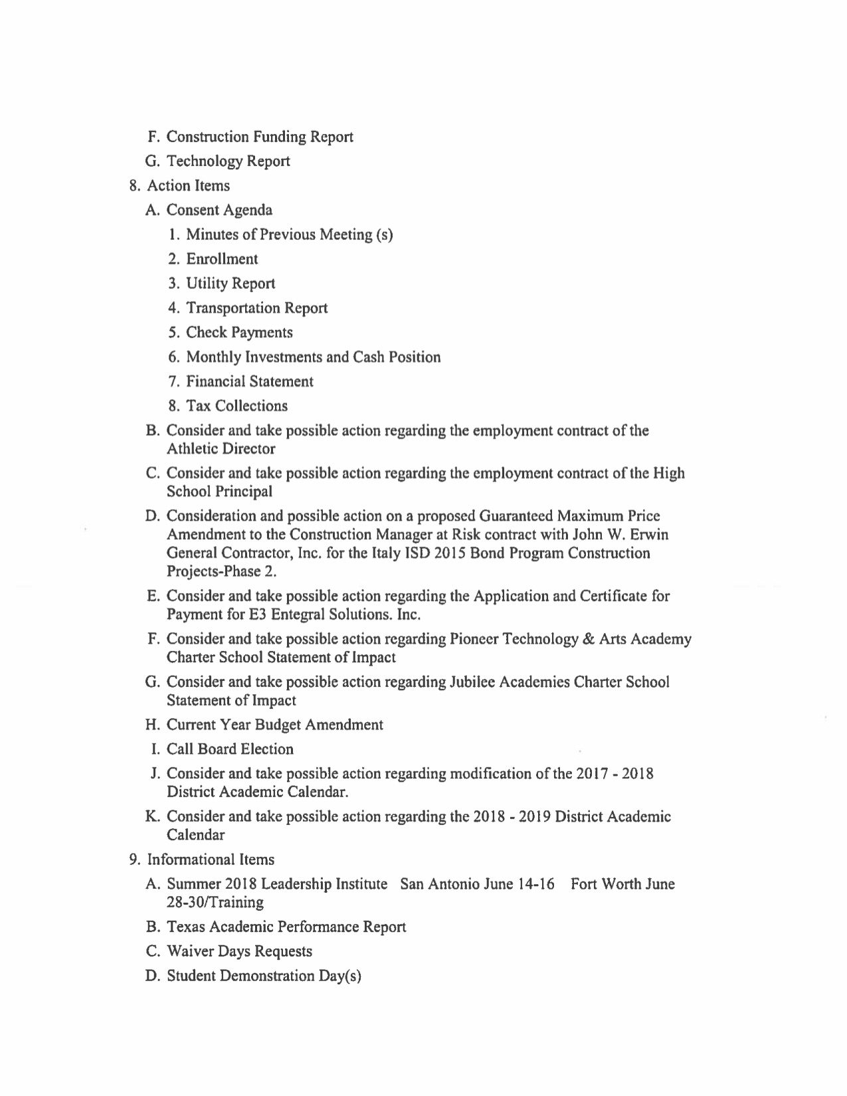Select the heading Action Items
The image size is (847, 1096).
click(188, 186)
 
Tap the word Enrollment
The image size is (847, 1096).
click(222, 259)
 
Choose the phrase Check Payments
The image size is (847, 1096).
click(239, 333)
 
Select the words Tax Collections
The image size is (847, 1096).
click(236, 406)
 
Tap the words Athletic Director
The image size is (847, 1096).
click(221, 449)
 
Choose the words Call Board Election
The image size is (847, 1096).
click(230, 749)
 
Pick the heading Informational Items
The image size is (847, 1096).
click(211, 860)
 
